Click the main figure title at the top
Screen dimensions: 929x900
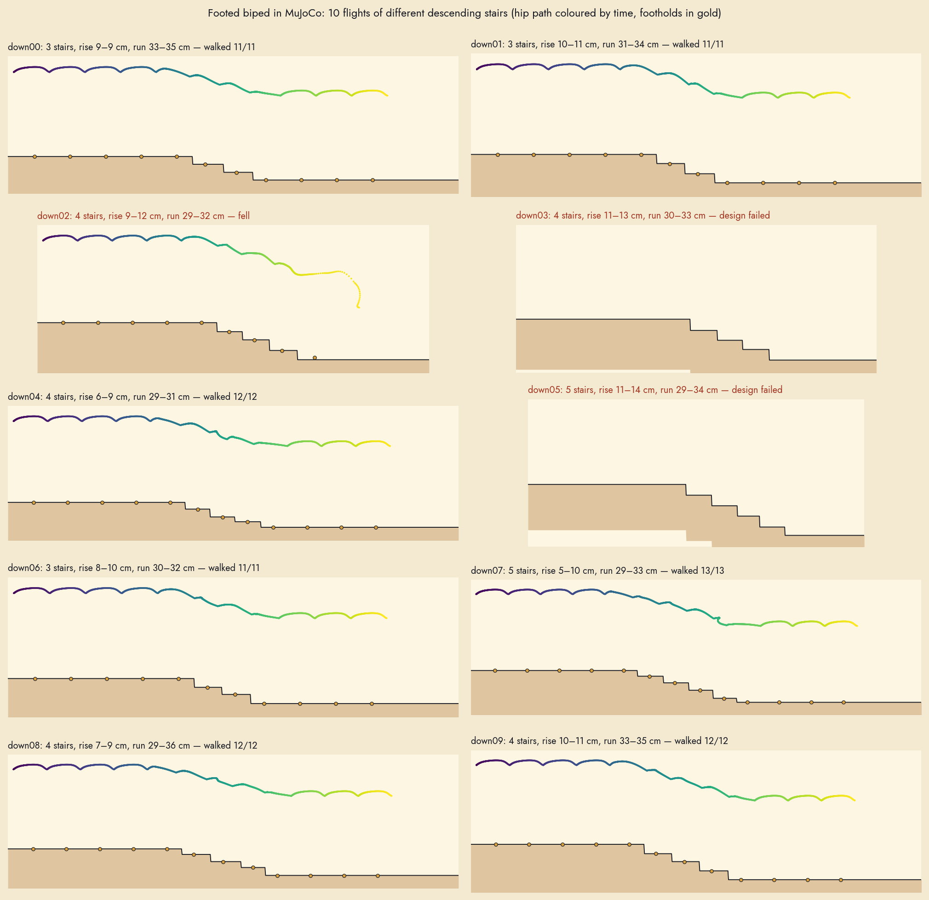pyautogui.click(x=464, y=13)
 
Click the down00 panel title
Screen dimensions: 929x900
pyautogui.click(x=131, y=47)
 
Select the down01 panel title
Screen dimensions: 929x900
pyautogui.click(x=597, y=44)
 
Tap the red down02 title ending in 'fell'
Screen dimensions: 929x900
pyautogui.click(x=143, y=216)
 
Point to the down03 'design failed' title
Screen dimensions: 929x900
pyautogui.click(x=643, y=215)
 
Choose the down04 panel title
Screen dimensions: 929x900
pyautogui.click(x=132, y=397)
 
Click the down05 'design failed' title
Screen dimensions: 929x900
pyautogui.click(x=655, y=390)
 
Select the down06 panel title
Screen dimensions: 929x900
pyautogui.click(x=134, y=568)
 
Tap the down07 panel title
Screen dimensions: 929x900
pyautogui.click(x=597, y=571)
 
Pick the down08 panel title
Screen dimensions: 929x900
pyautogui.click(x=132, y=745)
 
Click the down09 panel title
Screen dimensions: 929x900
pyautogui.click(x=599, y=741)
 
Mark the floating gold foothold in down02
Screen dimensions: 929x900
pyautogui.click(x=315, y=358)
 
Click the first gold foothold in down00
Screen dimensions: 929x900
pyautogui.click(x=34, y=156)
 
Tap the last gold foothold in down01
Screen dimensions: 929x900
pyautogui.click(x=835, y=183)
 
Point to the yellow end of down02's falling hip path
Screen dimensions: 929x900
pyautogui.click(x=358, y=308)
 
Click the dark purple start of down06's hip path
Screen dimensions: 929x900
pyautogui.click(x=14, y=593)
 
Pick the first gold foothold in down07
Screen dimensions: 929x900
pyautogui.click(x=495, y=670)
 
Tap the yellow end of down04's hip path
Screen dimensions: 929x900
pyautogui.click(x=390, y=446)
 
